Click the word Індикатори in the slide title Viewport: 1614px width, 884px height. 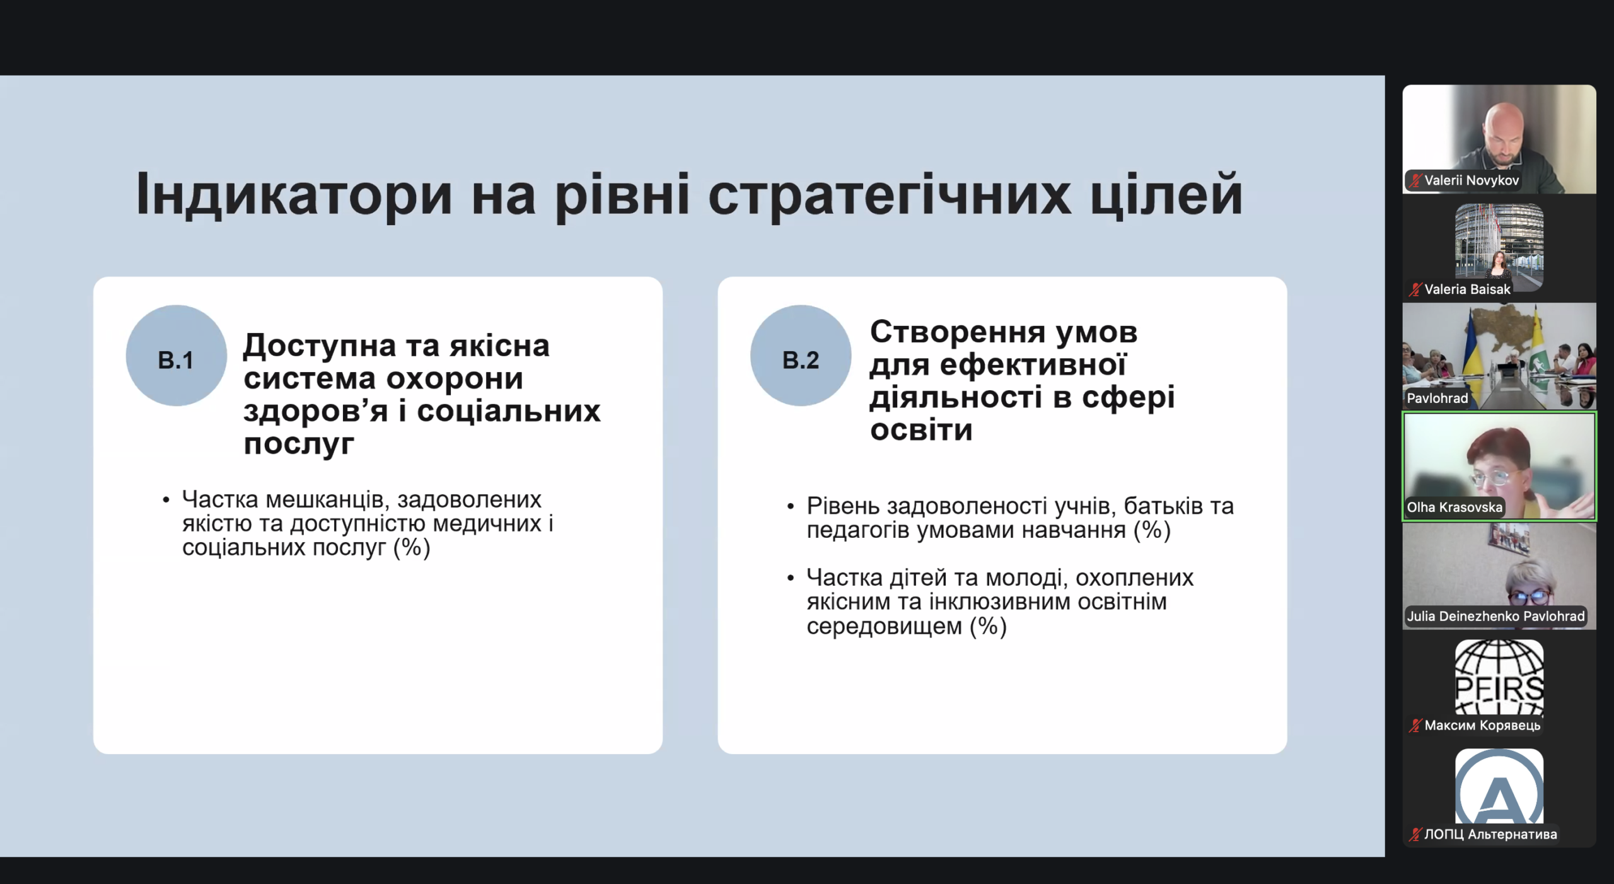tap(294, 194)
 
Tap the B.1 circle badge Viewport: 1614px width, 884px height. tap(176, 356)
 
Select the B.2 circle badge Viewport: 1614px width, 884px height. tap(801, 356)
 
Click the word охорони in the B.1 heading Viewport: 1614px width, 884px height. tap(454, 378)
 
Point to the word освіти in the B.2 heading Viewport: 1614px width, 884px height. tap(921, 430)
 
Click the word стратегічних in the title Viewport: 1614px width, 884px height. tap(890, 194)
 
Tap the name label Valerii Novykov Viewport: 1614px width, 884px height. tap(1472, 180)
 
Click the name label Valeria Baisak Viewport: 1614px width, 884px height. tap(1468, 289)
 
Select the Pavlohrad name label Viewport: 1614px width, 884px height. tap(1437, 398)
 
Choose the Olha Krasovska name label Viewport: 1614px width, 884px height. tap(1454, 508)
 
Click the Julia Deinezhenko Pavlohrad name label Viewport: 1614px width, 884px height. tap(1495, 616)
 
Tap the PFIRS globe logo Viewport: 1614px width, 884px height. tap(1499, 677)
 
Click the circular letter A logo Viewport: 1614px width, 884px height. tap(1499, 786)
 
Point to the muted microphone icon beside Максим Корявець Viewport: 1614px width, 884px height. tap(1416, 726)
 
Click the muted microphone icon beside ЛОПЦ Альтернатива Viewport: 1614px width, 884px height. tap(1416, 835)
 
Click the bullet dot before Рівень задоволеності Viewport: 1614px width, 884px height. tap(791, 507)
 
